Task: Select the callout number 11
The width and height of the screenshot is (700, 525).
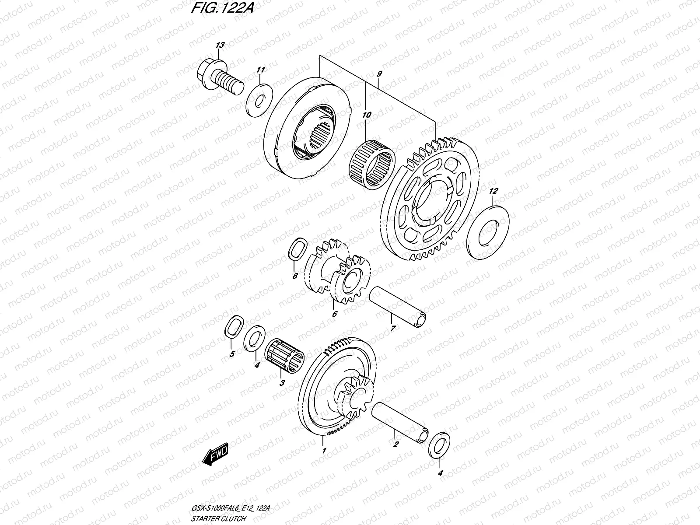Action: coord(261,70)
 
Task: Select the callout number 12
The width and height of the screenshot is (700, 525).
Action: coord(493,191)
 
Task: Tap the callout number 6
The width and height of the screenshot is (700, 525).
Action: coord(335,314)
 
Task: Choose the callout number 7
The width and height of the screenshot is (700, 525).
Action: coord(392,329)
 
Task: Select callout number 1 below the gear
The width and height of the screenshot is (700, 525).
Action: coord(324,451)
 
